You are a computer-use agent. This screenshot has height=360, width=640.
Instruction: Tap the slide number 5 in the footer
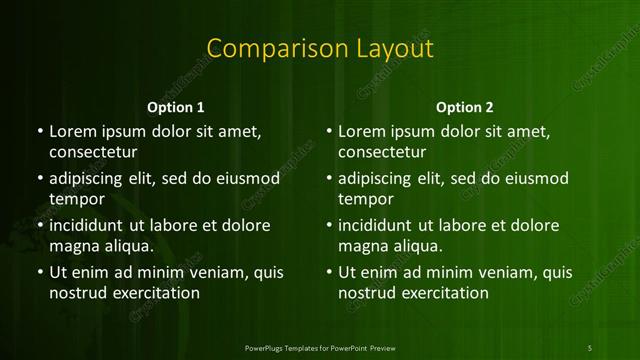(591, 346)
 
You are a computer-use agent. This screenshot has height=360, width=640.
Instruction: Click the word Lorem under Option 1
(72, 131)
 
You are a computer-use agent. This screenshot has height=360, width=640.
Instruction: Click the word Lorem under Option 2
(362, 131)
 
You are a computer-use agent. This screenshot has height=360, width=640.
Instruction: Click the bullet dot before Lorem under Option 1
(39, 132)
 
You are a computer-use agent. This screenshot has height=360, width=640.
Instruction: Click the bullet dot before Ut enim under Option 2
(329, 272)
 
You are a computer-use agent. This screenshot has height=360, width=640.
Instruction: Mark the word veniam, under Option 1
(209, 271)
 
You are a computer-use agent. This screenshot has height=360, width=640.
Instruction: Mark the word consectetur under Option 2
(382, 153)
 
